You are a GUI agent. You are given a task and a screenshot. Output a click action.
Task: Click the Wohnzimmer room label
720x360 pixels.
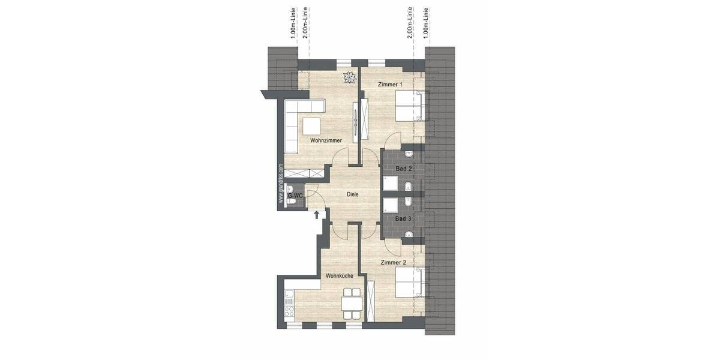(x=326, y=140)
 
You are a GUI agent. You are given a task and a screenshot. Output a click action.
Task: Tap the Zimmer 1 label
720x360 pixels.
(x=390, y=85)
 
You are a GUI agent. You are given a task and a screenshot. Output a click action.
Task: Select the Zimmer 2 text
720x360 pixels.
(x=393, y=262)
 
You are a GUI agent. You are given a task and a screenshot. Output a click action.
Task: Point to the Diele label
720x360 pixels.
(x=353, y=194)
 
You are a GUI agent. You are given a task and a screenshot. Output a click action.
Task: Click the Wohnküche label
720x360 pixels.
(x=339, y=276)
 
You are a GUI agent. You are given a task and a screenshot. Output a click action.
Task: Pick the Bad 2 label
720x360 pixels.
(x=403, y=169)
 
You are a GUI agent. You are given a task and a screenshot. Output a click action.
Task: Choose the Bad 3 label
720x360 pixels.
(x=403, y=219)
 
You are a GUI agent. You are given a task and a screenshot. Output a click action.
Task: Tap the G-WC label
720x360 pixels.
(x=294, y=195)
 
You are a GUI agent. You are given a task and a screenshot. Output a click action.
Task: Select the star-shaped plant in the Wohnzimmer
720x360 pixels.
(x=349, y=76)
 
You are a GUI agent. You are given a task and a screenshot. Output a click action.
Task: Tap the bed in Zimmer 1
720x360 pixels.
(x=409, y=106)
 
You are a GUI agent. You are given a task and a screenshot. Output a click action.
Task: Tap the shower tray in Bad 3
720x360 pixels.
(x=391, y=205)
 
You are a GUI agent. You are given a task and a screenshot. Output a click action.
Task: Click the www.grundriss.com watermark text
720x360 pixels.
(x=281, y=185)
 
